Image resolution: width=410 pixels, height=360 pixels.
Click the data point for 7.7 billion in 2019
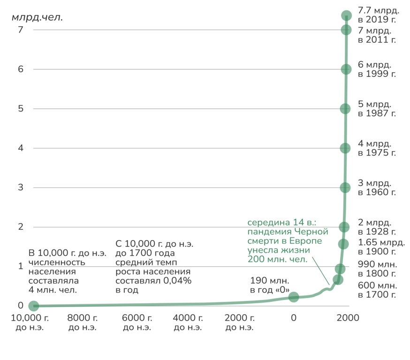point(346,15)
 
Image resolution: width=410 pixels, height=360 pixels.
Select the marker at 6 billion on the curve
point(346,69)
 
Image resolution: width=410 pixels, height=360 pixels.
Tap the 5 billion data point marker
point(345,109)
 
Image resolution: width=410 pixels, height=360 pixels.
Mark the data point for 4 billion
point(345,148)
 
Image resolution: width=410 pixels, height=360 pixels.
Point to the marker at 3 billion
point(345,187)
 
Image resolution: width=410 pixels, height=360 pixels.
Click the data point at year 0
point(294,297)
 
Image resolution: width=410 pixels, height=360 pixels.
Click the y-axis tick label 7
point(21,30)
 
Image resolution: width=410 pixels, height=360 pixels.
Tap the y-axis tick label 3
point(21,187)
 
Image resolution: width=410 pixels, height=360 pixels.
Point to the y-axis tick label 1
point(21,266)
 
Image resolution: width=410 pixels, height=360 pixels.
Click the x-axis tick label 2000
point(348,318)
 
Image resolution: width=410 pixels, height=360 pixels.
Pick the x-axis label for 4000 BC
point(187,322)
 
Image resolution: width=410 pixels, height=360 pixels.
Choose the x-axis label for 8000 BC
point(83,322)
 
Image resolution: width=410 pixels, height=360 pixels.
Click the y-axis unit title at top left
point(37,18)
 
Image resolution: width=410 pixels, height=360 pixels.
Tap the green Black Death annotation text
point(287,240)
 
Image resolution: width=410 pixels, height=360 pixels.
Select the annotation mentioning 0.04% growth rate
point(154,267)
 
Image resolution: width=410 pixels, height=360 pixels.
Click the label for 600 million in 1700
point(377,290)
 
